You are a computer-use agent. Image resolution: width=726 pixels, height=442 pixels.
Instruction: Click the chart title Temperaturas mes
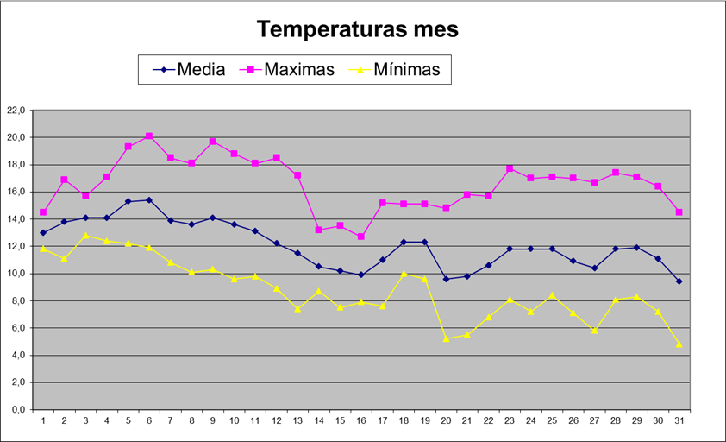(358, 29)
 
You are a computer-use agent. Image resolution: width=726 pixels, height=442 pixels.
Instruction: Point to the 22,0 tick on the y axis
(18, 110)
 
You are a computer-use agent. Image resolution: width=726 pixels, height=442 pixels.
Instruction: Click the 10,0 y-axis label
(18, 274)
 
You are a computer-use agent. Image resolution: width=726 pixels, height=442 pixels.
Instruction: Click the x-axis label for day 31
(679, 420)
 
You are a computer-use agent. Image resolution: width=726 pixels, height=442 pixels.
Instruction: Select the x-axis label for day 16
(361, 420)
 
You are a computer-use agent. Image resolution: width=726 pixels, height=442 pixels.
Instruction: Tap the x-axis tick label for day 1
(43, 420)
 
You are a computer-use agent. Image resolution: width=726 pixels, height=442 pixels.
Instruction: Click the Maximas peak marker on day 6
(149, 136)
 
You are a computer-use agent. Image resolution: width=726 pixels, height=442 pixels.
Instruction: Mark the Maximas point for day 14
(319, 230)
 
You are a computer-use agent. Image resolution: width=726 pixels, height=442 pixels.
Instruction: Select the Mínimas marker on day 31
(679, 344)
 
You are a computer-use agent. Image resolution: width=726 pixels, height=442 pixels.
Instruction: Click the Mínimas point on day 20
(446, 338)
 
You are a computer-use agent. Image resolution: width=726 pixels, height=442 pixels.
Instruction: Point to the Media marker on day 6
(149, 200)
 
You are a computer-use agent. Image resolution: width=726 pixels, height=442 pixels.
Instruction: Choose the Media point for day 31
(679, 281)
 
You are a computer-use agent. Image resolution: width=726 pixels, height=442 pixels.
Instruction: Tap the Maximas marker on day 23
(510, 168)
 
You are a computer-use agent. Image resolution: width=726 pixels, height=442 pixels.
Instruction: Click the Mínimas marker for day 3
(85, 236)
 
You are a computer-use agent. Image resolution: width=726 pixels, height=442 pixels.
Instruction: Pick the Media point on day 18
(404, 242)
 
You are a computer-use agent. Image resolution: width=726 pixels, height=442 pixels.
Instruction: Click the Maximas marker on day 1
(43, 212)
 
